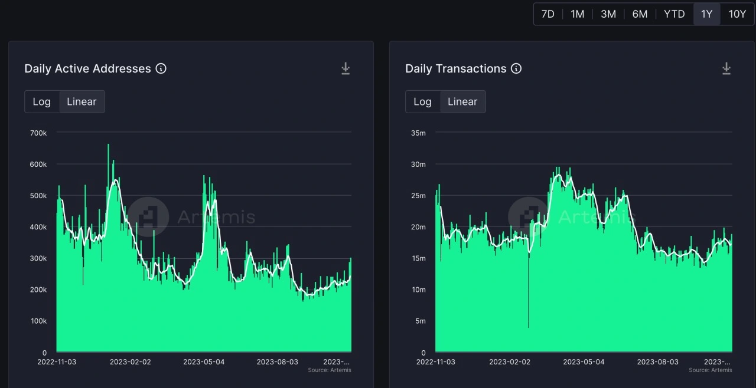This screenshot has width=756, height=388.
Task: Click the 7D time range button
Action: click(548, 14)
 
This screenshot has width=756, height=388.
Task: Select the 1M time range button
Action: click(577, 14)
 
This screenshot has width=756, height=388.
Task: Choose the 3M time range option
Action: click(608, 14)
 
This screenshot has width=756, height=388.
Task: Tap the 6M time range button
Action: click(640, 14)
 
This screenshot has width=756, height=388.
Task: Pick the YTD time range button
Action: click(674, 14)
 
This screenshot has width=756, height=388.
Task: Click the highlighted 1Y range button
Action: click(706, 14)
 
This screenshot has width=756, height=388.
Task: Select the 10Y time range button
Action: click(737, 14)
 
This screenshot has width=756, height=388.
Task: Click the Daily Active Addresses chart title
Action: click(87, 68)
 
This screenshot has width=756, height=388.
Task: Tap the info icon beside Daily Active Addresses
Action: click(161, 68)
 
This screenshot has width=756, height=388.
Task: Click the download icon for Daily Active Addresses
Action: click(346, 69)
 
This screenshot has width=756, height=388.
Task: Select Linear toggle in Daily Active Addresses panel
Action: click(82, 101)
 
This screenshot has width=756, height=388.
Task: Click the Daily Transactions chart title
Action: click(455, 68)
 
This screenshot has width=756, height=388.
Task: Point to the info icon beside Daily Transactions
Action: click(516, 68)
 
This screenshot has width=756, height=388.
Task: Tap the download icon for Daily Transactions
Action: click(726, 69)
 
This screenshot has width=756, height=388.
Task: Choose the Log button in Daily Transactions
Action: click(422, 101)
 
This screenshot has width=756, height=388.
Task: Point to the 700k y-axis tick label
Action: click(38, 133)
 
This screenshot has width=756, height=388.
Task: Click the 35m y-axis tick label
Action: click(418, 133)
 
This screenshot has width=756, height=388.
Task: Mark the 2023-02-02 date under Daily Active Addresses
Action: click(130, 361)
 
